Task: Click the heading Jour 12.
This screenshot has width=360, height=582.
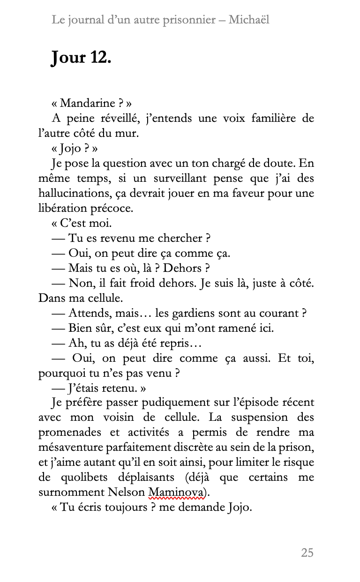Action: [81, 59]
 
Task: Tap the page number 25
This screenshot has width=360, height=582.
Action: [307, 553]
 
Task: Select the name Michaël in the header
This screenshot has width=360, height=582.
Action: [249, 20]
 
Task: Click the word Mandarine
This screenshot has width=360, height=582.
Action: [87, 103]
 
